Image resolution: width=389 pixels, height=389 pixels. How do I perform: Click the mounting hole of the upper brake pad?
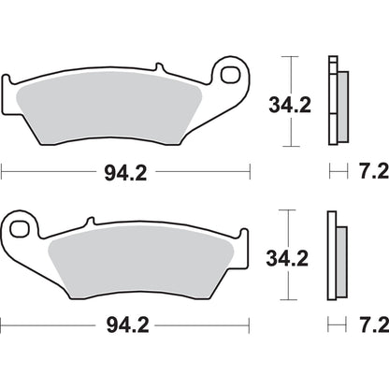click(x=229, y=74)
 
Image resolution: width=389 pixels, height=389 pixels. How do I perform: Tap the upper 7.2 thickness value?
click(x=367, y=172)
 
